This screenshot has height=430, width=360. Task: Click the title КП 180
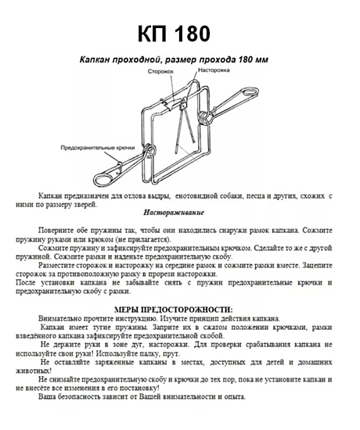[179, 34]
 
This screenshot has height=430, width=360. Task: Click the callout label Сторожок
[160, 71]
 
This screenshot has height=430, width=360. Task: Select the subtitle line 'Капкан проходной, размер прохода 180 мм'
[179, 59]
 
